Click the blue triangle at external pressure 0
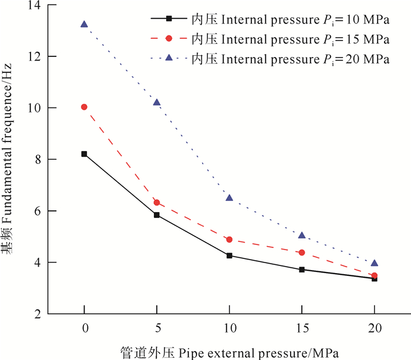coord(84,25)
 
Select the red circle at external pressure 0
coord(84,107)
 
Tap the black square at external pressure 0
coord(84,154)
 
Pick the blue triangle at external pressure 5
coord(157,103)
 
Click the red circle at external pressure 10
coord(229,240)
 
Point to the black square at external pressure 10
coord(229,255)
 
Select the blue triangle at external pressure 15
coord(302,235)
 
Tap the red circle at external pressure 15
coord(302,253)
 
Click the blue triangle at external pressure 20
coord(375,263)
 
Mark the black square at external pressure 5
coord(157,215)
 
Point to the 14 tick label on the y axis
coord(35,6)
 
